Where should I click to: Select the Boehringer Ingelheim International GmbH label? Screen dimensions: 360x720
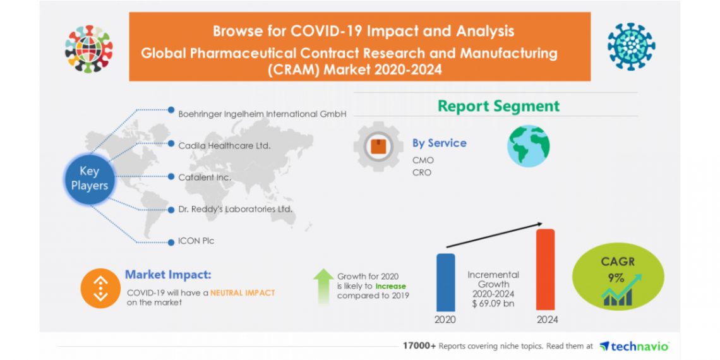click(x=263, y=114)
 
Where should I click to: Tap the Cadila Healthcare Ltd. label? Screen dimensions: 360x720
click(x=224, y=145)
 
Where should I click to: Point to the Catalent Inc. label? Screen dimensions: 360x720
click(x=205, y=177)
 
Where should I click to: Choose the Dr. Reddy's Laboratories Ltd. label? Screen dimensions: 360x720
click(x=236, y=208)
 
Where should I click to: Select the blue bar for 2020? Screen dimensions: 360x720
click(x=445, y=282)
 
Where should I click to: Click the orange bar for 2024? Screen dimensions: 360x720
click(x=545, y=268)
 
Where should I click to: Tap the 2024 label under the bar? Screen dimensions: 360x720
click(x=547, y=320)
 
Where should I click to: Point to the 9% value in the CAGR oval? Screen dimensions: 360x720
click(x=616, y=278)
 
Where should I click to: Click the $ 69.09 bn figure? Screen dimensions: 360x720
click(x=493, y=303)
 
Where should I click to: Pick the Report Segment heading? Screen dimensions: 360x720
click(x=498, y=106)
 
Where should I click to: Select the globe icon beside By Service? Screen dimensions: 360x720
click(x=529, y=146)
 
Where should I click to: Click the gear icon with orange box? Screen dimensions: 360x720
click(x=378, y=147)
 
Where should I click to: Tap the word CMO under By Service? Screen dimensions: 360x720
click(x=423, y=160)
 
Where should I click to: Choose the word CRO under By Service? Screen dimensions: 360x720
click(x=422, y=172)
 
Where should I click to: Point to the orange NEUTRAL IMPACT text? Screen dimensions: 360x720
click(x=243, y=292)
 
